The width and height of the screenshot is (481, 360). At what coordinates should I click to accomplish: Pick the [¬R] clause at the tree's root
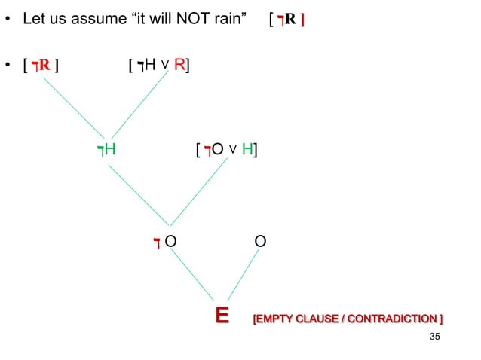[x=41, y=66]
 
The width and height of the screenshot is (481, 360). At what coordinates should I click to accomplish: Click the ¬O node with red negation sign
[x=165, y=242]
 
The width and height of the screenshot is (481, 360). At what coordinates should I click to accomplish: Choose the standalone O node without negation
[x=259, y=242]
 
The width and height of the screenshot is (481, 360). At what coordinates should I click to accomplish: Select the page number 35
[x=433, y=336]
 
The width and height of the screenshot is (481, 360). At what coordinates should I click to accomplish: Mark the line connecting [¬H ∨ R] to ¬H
[x=139, y=105]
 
